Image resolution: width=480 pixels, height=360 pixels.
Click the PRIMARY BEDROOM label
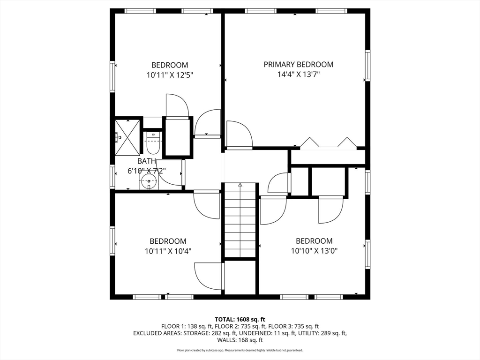(x=299, y=65)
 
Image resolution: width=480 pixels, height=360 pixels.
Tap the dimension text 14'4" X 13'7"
(x=299, y=75)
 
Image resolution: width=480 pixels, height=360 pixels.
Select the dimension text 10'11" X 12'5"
(x=170, y=75)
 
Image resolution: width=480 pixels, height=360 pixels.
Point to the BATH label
(x=146, y=161)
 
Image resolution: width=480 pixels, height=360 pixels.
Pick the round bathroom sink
(x=149, y=182)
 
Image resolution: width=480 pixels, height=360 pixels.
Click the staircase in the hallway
(x=240, y=220)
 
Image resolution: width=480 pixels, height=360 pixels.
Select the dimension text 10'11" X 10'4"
(x=168, y=251)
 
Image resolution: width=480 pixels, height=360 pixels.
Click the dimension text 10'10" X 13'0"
(x=314, y=251)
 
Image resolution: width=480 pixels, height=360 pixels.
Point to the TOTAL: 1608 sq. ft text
(x=240, y=320)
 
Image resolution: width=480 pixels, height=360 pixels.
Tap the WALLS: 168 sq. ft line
(x=240, y=340)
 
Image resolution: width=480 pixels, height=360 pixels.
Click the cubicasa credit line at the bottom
(x=240, y=350)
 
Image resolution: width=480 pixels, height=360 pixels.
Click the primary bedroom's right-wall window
(x=367, y=65)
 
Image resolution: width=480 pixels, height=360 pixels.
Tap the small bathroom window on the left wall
(x=112, y=176)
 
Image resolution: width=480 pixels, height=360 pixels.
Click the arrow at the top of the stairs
(x=240, y=185)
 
